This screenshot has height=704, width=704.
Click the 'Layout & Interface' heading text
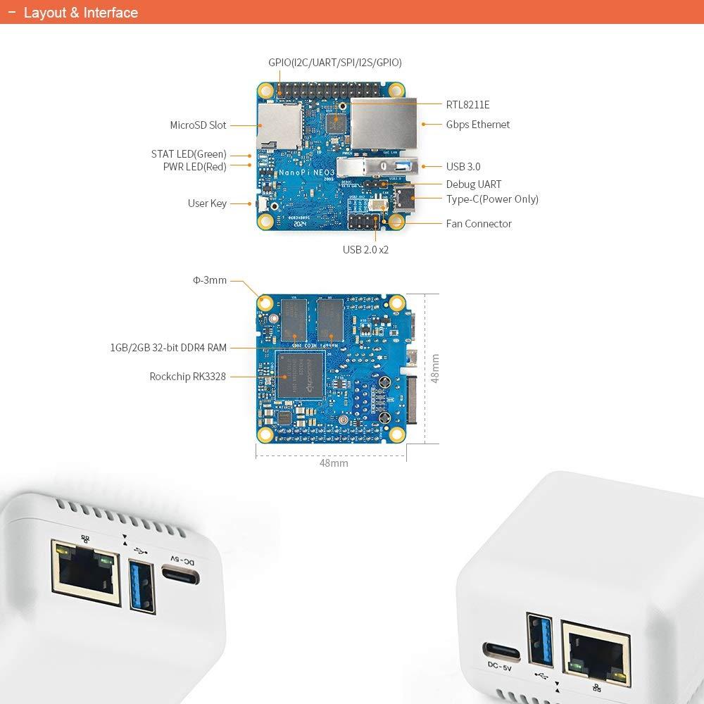[80, 13]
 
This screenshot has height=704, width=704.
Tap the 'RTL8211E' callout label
[467, 105]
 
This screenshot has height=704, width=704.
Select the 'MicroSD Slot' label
[198, 125]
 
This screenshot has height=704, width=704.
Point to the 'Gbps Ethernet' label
[477, 125]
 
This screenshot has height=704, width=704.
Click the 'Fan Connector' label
[479, 224]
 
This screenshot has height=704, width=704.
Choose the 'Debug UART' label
[474, 184]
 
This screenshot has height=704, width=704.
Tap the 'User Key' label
[207, 203]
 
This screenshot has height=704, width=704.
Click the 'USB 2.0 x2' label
[365, 249]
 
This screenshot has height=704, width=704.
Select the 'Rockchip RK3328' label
[187, 377]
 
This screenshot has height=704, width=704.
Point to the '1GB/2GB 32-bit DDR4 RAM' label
[168, 347]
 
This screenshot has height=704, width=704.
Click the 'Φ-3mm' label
[210, 280]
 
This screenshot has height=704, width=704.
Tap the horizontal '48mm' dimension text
[334, 463]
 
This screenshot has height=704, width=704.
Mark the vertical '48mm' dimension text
[435, 368]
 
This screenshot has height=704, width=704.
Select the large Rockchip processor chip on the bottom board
[301, 376]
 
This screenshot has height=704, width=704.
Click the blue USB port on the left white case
[141, 584]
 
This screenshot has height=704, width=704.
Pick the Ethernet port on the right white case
[595, 654]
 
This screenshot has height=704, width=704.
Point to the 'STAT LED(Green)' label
[189, 154]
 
